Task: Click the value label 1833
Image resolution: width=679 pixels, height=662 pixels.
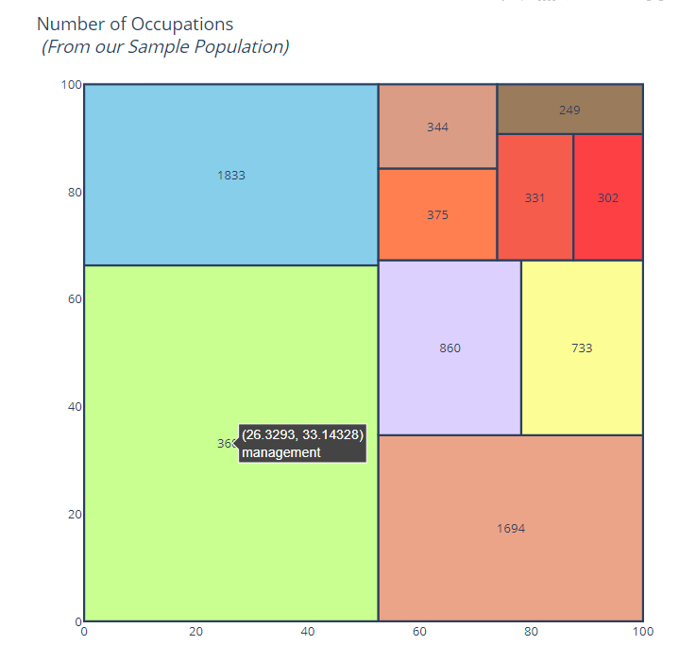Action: click(x=231, y=175)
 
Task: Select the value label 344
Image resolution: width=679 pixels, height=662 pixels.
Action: click(x=437, y=127)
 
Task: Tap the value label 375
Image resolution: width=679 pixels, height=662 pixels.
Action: click(x=437, y=214)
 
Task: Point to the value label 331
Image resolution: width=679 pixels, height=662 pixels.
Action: click(x=535, y=198)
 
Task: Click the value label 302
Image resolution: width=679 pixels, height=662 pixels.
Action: click(x=608, y=198)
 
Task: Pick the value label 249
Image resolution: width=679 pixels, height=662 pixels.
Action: click(x=569, y=110)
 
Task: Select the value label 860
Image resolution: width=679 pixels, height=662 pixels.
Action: click(x=450, y=348)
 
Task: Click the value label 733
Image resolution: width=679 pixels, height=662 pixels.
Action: click(x=582, y=348)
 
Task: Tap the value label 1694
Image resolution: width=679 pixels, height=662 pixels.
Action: click(x=511, y=528)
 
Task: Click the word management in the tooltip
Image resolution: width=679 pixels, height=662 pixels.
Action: click(x=281, y=452)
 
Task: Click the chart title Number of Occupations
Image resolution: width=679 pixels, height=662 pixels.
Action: click(x=135, y=25)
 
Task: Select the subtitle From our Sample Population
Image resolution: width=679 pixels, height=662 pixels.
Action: click(x=165, y=46)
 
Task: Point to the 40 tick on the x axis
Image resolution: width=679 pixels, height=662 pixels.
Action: click(x=308, y=631)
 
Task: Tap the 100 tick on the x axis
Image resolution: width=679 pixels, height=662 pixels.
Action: click(x=642, y=631)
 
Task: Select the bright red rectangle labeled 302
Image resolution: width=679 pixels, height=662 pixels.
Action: click(x=608, y=227)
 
